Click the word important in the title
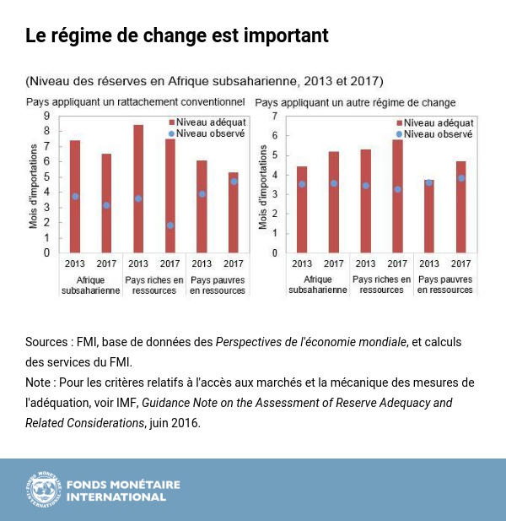pyautogui.click(x=282, y=36)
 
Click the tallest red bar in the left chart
pyautogui.click(x=138, y=190)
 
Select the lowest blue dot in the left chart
pyautogui.click(x=170, y=225)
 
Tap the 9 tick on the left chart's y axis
pyautogui.click(x=46, y=116)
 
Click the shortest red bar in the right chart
pyautogui.click(x=428, y=216)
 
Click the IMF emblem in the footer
pyautogui.click(x=43, y=490)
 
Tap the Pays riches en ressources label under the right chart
pyautogui.click(x=382, y=285)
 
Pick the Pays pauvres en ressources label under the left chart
pyautogui.click(x=218, y=285)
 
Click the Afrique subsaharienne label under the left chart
pyautogui.click(x=90, y=285)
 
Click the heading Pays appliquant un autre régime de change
pyautogui.click(x=355, y=103)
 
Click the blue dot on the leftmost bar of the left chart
pyautogui.click(x=75, y=196)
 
